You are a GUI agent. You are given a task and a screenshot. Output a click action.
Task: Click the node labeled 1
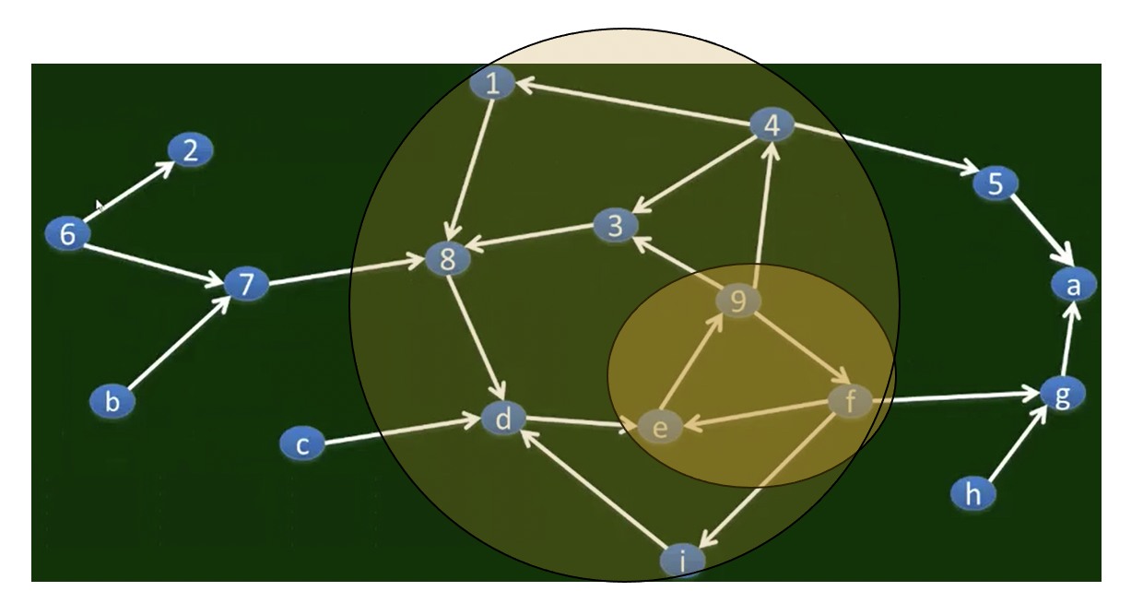click(492, 85)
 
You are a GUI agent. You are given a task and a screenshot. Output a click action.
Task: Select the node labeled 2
click(190, 150)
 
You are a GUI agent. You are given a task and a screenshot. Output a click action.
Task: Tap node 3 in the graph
click(616, 224)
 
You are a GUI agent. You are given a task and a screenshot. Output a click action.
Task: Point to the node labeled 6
click(67, 234)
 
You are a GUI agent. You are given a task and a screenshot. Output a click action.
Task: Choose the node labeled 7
click(246, 285)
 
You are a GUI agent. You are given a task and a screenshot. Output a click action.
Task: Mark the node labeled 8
click(448, 260)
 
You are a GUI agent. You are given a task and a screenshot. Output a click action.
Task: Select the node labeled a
click(1073, 286)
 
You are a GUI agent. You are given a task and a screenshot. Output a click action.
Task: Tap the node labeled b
click(112, 402)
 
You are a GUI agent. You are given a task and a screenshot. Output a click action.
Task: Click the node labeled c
click(302, 445)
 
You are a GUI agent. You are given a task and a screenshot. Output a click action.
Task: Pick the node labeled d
click(503, 420)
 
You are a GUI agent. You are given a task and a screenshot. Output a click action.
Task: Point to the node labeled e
click(659, 427)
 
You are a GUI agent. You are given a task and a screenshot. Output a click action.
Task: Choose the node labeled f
click(850, 401)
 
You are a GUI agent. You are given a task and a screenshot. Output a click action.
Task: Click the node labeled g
click(1063, 394)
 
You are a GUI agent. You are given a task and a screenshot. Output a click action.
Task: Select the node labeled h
click(973, 494)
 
